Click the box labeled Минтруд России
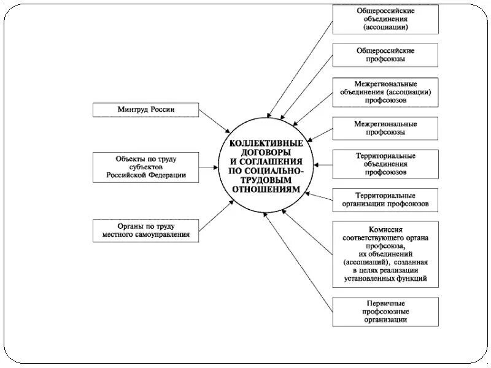(x=146, y=110)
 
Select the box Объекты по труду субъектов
(x=146, y=167)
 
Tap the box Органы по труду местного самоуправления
(x=146, y=229)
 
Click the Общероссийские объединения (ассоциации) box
(x=385, y=19)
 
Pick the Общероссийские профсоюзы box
(x=385, y=55)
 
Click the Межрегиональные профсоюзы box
(x=385, y=128)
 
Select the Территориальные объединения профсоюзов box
(x=385, y=164)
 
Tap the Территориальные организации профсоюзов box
(x=385, y=199)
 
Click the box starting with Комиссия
(x=385, y=254)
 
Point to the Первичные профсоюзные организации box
(x=385, y=312)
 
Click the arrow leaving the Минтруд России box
(x=215, y=121)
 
